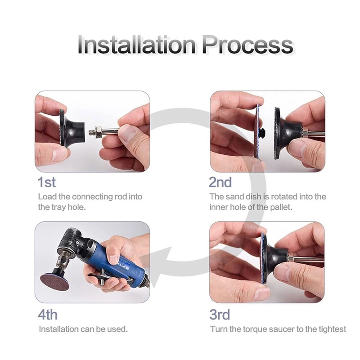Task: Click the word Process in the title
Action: point(247,45)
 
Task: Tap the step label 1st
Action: point(47,182)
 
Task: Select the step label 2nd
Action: point(220,182)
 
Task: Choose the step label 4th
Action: point(48,314)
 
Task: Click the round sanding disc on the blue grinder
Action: point(54,279)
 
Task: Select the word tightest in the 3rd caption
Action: point(331,329)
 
